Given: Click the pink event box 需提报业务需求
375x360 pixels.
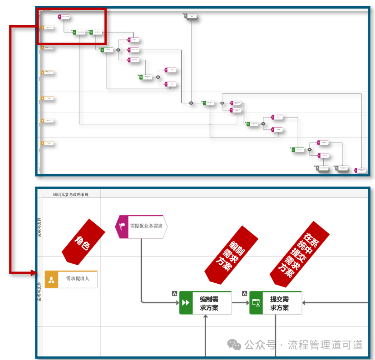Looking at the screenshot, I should click(141, 226).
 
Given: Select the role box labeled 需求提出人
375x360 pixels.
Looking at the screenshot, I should click(71, 279).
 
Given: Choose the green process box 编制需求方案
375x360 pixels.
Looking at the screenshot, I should click(206, 303).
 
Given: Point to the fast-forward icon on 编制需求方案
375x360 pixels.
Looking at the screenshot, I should click(186, 303).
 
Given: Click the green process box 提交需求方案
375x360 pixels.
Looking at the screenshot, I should click(276, 303).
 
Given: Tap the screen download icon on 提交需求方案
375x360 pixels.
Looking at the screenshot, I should click(256, 303).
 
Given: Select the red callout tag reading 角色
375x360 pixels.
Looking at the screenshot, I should click(83, 242).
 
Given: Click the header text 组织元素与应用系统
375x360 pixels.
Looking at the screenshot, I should click(71, 195).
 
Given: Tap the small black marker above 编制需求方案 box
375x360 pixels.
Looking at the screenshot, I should click(175, 294).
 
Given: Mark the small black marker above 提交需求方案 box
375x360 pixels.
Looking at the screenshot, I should click(245, 294).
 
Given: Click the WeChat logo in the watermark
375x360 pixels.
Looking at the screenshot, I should click(234, 345).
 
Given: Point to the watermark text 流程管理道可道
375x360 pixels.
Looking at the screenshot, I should click(325, 345).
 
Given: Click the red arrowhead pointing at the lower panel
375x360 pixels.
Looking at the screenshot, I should click(34, 273).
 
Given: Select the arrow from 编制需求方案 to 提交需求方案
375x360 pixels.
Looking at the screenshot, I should click(240, 303).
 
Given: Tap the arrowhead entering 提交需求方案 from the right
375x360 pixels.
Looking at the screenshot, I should click(304, 303).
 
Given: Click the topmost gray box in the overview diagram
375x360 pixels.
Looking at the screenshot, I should click(190, 16).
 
